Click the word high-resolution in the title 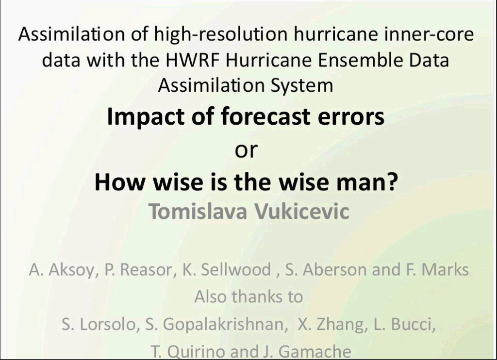tap(221, 34)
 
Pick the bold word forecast tap(265, 116)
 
